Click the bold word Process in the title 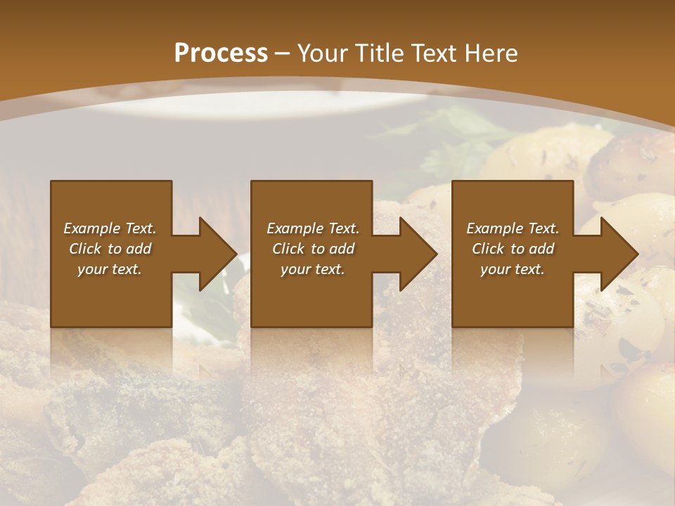point(221,53)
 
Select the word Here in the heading point(493,53)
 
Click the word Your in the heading point(323,53)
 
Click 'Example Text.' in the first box point(110,228)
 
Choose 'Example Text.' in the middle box point(313,228)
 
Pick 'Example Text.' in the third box point(513,228)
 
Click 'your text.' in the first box point(110,269)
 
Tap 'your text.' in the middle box point(313,269)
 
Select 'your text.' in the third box point(513,269)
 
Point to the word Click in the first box point(85,249)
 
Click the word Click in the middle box point(288,249)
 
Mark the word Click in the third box point(488,249)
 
